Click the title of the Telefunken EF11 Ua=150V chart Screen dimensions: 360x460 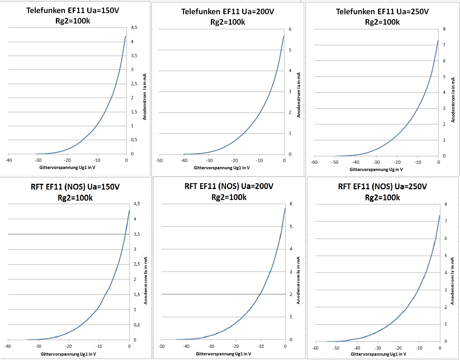pos(73,16)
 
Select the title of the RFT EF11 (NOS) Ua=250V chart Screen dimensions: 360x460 pos(382,192)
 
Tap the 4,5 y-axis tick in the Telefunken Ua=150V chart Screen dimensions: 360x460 pos(134,28)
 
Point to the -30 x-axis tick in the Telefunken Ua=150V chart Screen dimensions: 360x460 pos(38,160)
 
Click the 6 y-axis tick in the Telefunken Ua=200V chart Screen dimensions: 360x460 pos(290,29)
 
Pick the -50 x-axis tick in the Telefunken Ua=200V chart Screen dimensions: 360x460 pos(159,161)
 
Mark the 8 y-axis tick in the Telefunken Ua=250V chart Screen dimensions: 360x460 pos(444,29)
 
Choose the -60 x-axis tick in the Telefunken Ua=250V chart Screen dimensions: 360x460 pos(314,162)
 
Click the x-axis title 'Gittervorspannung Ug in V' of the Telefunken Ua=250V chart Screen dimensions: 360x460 pos(376,170)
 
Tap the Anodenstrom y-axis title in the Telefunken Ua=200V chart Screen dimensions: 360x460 pos(299,95)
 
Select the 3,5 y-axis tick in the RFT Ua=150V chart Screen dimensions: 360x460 pos(137,234)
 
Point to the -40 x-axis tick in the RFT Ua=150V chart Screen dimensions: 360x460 pos(8,346)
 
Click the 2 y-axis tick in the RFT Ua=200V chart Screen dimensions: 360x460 pos(291,294)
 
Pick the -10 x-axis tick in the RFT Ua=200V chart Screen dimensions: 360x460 pos(261,346)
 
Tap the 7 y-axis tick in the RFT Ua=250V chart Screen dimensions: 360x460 pos(446,221)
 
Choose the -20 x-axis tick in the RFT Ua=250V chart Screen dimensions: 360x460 pos(399,348)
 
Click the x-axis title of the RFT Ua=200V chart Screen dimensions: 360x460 pos(223,354)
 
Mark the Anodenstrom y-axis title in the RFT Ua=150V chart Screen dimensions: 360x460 pos(146,280)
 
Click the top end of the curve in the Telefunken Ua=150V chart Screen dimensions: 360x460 pos(125,36)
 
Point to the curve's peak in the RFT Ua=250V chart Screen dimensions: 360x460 pos(440,215)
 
